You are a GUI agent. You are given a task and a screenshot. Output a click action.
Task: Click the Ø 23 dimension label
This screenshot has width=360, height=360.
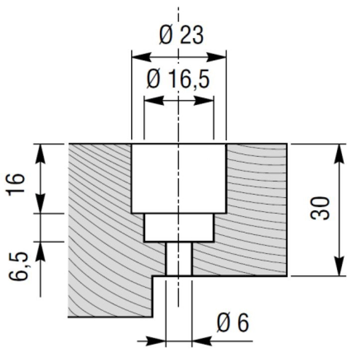pyautogui.click(x=181, y=35)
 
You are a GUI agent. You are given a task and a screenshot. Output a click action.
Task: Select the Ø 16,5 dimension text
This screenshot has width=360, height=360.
pyautogui.click(x=178, y=79)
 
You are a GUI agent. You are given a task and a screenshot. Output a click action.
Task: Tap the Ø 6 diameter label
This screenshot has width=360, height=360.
pyautogui.click(x=233, y=323)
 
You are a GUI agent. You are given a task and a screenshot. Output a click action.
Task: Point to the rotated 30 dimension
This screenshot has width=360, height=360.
pyautogui.click(x=320, y=208)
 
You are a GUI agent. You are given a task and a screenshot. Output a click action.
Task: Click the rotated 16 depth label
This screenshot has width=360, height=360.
pyautogui.click(x=16, y=184)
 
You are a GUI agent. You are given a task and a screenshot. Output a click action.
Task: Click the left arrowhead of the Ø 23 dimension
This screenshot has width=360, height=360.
pyautogui.click(x=142, y=57)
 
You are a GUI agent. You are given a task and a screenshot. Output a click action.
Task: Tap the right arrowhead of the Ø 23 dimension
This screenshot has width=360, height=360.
pyautogui.click(x=216, y=57)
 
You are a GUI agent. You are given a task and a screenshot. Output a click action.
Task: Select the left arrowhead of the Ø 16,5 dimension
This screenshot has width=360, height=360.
pyautogui.click(x=154, y=100)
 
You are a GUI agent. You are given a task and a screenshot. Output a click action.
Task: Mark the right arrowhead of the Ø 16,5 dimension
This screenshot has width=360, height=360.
pyautogui.click(x=204, y=100)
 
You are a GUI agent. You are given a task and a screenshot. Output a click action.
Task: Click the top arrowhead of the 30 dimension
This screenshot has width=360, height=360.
pyautogui.click(x=339, y=154)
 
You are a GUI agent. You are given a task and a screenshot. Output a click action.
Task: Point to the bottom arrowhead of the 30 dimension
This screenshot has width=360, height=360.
pyautogui.click(x=339, y=266)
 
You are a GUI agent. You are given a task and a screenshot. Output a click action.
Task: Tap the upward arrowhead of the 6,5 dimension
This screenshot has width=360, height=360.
pyautogui.click(x=40, y=252)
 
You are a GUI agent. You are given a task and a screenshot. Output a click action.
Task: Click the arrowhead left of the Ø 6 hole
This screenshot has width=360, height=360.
pyautogui.click(x=156, y=341)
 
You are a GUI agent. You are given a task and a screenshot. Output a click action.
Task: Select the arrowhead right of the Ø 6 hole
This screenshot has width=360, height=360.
pyautogui.click(x=202, y=341)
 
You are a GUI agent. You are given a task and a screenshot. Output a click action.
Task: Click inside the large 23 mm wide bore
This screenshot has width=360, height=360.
pyautogui.click(x=178, y=179)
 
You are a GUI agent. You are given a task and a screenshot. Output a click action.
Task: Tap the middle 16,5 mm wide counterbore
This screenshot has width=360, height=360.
pyautogui.click(x=179, y=228)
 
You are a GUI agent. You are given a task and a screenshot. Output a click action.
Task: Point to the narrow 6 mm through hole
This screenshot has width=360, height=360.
pyautogui.click(x=179, y=259)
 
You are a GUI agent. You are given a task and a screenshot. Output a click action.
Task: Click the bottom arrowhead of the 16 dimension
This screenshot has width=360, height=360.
pyautogui.click(x=40, y=203)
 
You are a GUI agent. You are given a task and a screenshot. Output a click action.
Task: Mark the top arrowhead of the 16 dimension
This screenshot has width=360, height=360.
pyautogui.click(x=40, y=154)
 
